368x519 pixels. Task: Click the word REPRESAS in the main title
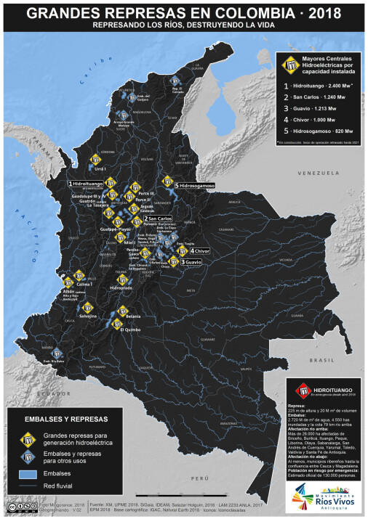(x=127, y=12)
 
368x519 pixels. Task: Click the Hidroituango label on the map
(x=87, y=185)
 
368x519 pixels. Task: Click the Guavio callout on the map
(x=191, y=261)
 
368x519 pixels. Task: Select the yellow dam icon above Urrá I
(x=96, y=158)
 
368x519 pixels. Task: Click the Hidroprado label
(x=121, y=287)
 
